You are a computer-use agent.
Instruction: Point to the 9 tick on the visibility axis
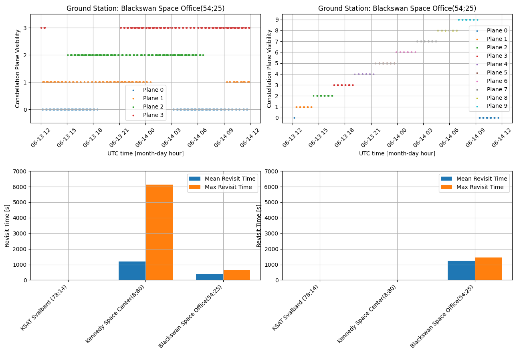click(x=276, y=20)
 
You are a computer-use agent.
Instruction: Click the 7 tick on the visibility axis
click(x=276, y=41)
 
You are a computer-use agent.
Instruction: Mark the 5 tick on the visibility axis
click(x=276, y=63)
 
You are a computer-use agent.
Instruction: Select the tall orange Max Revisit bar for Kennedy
click(x=159, y=232)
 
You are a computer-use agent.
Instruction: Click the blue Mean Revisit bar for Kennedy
click(x=132, y=271)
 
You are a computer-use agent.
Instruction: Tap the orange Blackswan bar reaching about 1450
click(x=488, y=269)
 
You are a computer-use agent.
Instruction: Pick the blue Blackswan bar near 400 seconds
click(x=210, y=277)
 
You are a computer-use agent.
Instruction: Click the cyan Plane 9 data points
click(x=468, y=20)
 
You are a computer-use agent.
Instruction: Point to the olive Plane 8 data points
click(x=447, y=30)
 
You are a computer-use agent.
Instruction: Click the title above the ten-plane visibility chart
click(x=397, y=8)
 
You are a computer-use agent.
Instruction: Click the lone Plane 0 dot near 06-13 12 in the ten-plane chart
click(x=294, y=118)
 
